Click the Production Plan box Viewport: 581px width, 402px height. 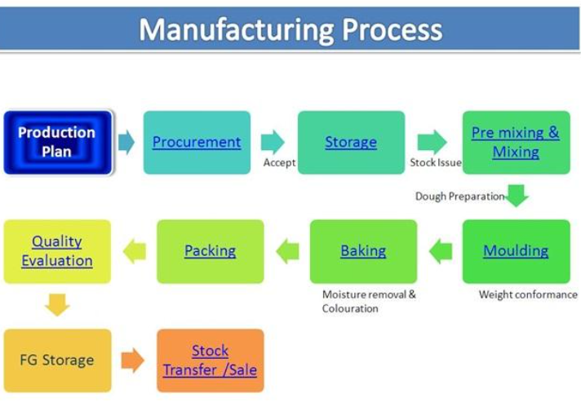point(58,142)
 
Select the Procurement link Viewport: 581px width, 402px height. point(197,142)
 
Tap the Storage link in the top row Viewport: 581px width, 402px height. point(351,142)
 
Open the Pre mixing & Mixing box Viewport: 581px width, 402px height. point(517,142)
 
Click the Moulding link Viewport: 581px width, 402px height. point(516,251)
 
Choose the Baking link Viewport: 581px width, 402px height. point(363,251)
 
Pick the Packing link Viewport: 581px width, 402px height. point(210,251)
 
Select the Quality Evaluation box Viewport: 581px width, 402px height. point(57,251)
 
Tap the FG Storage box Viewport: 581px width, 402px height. point(57,360)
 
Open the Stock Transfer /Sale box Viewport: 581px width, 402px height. point(211,360)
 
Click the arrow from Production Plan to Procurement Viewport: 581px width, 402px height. point(126,142)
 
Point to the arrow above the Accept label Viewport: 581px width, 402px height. point(273,142)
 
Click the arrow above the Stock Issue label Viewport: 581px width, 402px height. point(432,142)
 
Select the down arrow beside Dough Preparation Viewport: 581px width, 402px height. point(517,195)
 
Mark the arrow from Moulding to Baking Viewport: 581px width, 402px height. point(441,251)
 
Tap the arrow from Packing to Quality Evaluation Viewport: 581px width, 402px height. point(134,251)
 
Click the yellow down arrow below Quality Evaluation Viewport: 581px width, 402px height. point(57,305)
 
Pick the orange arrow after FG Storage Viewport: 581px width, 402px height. point(133,360)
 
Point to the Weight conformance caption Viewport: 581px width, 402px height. point(528,294)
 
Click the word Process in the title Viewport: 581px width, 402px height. point(392,29)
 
